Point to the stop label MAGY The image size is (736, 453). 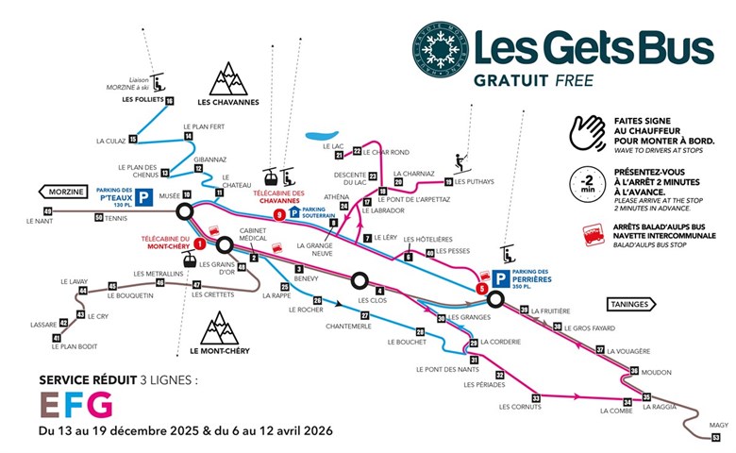[718, 426]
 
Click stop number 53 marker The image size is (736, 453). [716, 437]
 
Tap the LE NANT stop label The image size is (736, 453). [39, 222]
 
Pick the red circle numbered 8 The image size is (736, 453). [278, 215]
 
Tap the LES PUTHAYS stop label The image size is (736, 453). [474, 182]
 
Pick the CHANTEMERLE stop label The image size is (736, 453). [346, 327]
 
